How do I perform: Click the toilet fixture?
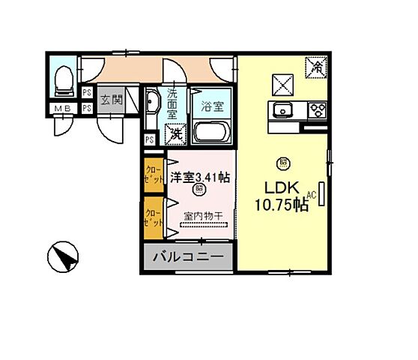pos(64,79)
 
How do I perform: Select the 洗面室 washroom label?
pos(173,101)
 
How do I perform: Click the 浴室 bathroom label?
pos(213,107)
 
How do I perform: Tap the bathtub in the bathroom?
pos(213,133)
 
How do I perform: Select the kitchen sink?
pos(284,110)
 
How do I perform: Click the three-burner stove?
pos(317,110)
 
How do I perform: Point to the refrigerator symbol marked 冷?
pos(317,66)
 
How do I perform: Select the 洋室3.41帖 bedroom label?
pos(199,177)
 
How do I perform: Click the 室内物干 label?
pos(205,216)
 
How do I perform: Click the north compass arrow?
pos(64,259)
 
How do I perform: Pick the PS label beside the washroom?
pos(150,139)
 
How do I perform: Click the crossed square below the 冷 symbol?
pos(282,82)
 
